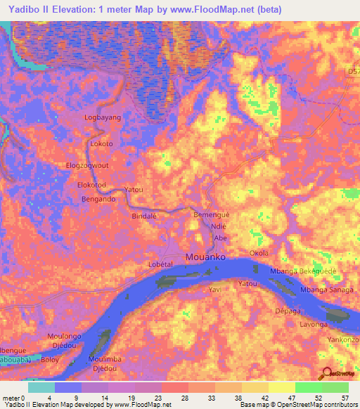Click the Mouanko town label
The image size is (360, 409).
point(207,258)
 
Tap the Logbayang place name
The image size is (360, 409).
point(103,117)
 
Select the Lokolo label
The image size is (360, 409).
point(102,143)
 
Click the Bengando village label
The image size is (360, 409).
point(98,199)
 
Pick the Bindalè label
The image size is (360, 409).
point(143,216)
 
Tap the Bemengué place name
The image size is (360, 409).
point(212,214)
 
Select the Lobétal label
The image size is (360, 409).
point(161,263)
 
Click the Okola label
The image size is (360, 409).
point(259,252)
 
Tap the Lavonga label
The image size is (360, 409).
point(314,325)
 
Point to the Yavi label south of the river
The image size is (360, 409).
point(215,289)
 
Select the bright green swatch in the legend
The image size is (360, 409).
point(308,387)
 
